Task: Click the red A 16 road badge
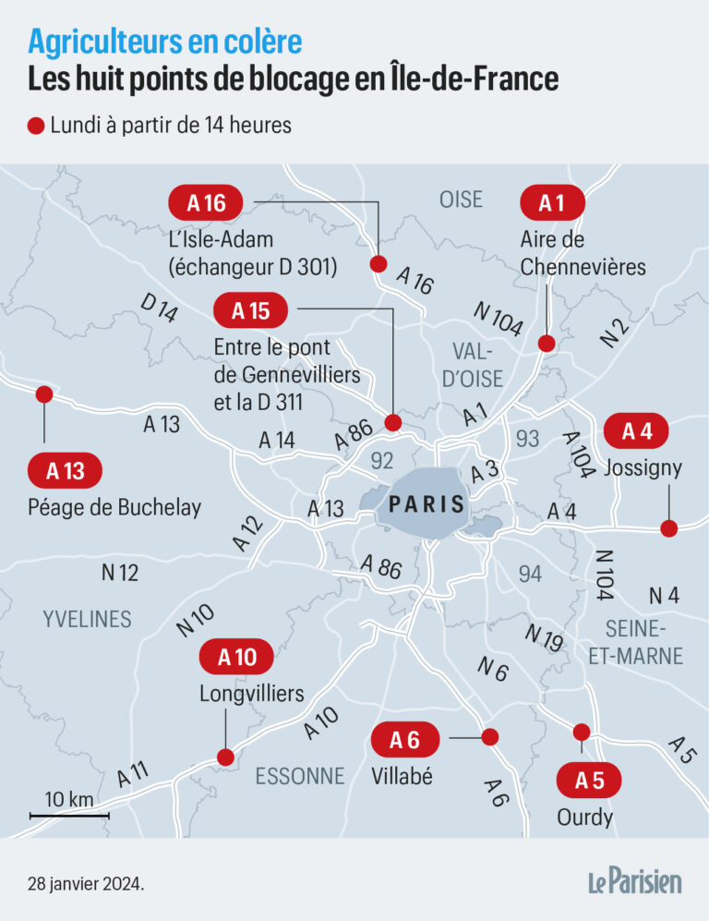coord(206,202)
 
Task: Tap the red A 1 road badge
coord(552,202)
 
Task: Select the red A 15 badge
coord(250,311)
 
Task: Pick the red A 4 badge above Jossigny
coord(637,431)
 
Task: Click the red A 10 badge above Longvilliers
coord(237,658)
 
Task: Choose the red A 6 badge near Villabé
coord(405,739)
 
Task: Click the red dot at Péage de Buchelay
coord(43,394)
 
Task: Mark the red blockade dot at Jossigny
coord(668,528)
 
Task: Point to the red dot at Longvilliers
coord(224,757)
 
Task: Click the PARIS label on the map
coord(427,505)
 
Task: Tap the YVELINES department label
coord(87,619)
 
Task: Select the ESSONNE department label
coord(299,776)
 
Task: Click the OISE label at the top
coord(461,199)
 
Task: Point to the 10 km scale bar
coord(69,815)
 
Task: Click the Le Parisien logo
coord(635,881)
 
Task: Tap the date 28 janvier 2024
coord(85,884)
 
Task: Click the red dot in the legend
coord(37,126)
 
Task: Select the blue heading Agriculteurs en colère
coord(164,41)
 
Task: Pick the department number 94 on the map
coord(529,574)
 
